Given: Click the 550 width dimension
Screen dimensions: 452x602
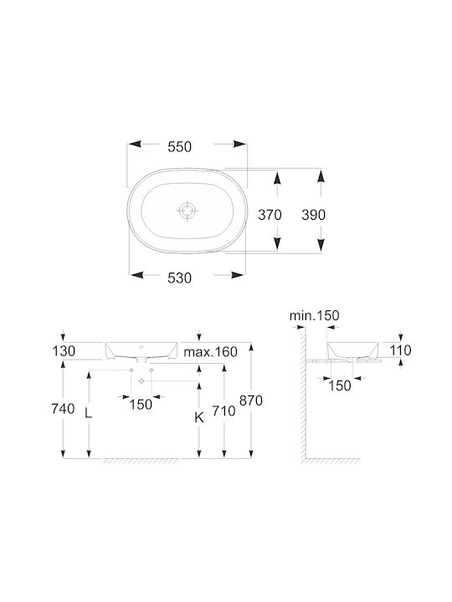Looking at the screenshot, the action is pyautogui.click(x=179, y=146).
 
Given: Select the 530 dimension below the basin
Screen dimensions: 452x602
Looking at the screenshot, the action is pyautogui.click(x=179, y=278).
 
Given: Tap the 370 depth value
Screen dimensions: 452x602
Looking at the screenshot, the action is pyautogui.click(x=270, y=215).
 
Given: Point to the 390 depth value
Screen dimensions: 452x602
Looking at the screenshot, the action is pyautogui.click(x=313, y=215).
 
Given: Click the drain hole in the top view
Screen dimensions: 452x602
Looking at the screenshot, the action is pyautogui.click(x=187, y=211).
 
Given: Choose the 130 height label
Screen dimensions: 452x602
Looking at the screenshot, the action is pyautogui.click(x=64, y=351).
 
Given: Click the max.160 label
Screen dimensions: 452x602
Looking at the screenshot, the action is pyautogui.click(x=210, y=352).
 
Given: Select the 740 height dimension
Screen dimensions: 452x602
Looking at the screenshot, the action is pyautogui.click(x=63, y=409).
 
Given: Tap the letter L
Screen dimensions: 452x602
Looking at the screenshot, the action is pyautogui.click(x=89, y=413).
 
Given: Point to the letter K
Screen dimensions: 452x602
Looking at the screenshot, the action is pyautogui.click(x=198, y=417).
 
